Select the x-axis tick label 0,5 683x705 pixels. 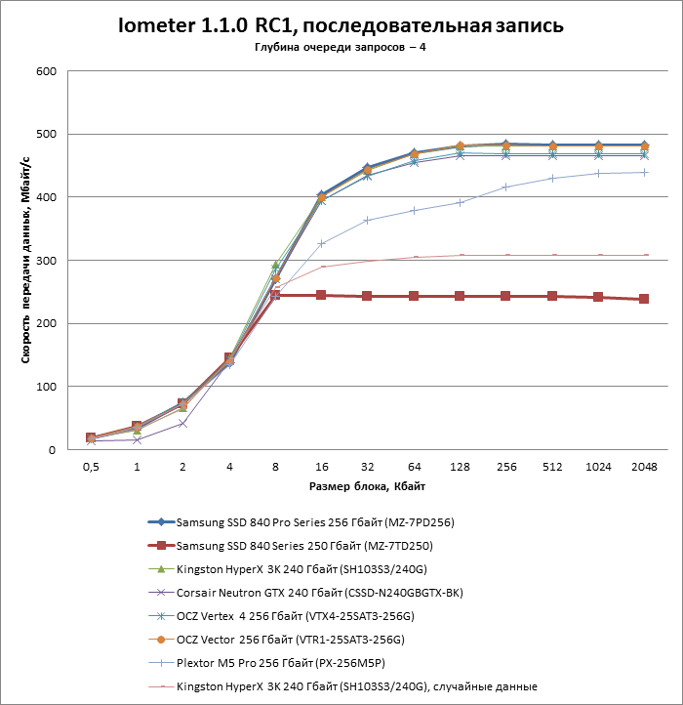pyautogui.click(x=90, y=467)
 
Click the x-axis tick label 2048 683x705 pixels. pyautogui.click(x=644, y=467)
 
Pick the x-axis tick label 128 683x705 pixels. pyautogui.click(x=460, y=467)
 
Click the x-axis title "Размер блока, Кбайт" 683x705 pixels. pyautogui.click(x=366, y=486)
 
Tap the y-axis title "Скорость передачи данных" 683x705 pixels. pyautogui.click(x=26, y=261)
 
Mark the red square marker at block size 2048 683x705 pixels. pyautogui.click(x=644, y=299)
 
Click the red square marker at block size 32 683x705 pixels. pyautogui.click(x=367, y=296)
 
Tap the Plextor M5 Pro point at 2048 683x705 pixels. pyautogui.click(x=644, y=172)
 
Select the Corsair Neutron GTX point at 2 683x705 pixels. pyautogui.click(x=182, y=423)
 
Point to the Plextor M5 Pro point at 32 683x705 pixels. pyautogui.click(x=367, y=220)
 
